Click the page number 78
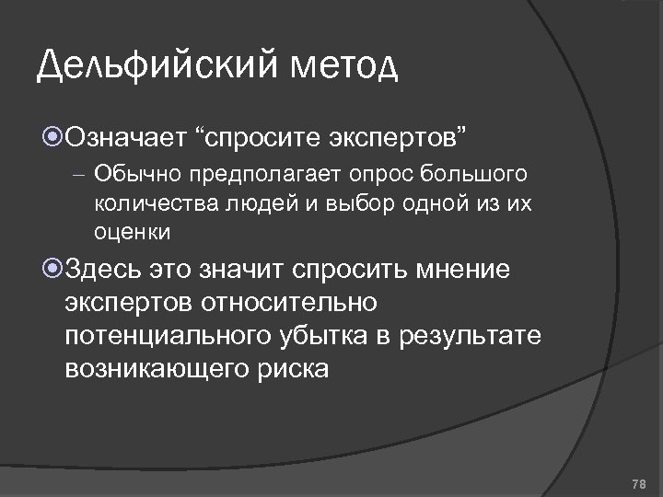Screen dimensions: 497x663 pyautogui.click(x=639, y=484)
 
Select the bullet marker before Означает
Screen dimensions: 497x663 pyautogui.click(x=52, y=138)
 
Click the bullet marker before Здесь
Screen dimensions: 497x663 pyautogui.click(x=52, y=268)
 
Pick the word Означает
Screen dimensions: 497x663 pyautogui.click(x=126, y=138)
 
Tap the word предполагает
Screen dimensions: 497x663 pyautogui.click(x=238, y=173)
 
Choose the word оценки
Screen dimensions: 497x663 pyautogui.click(x=131, y=231)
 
